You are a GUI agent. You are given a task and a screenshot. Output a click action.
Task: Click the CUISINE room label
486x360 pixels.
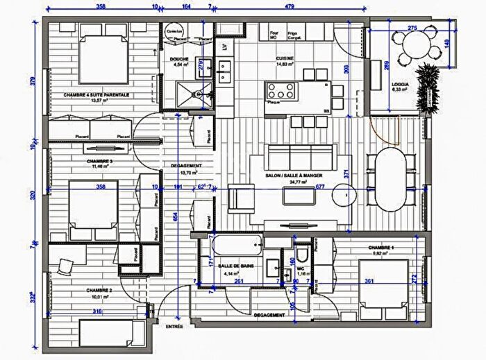point(284,58)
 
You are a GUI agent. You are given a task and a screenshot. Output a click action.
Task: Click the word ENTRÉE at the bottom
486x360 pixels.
point(174,325)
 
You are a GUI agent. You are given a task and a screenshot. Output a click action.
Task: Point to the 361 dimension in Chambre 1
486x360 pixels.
point(370,282)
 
